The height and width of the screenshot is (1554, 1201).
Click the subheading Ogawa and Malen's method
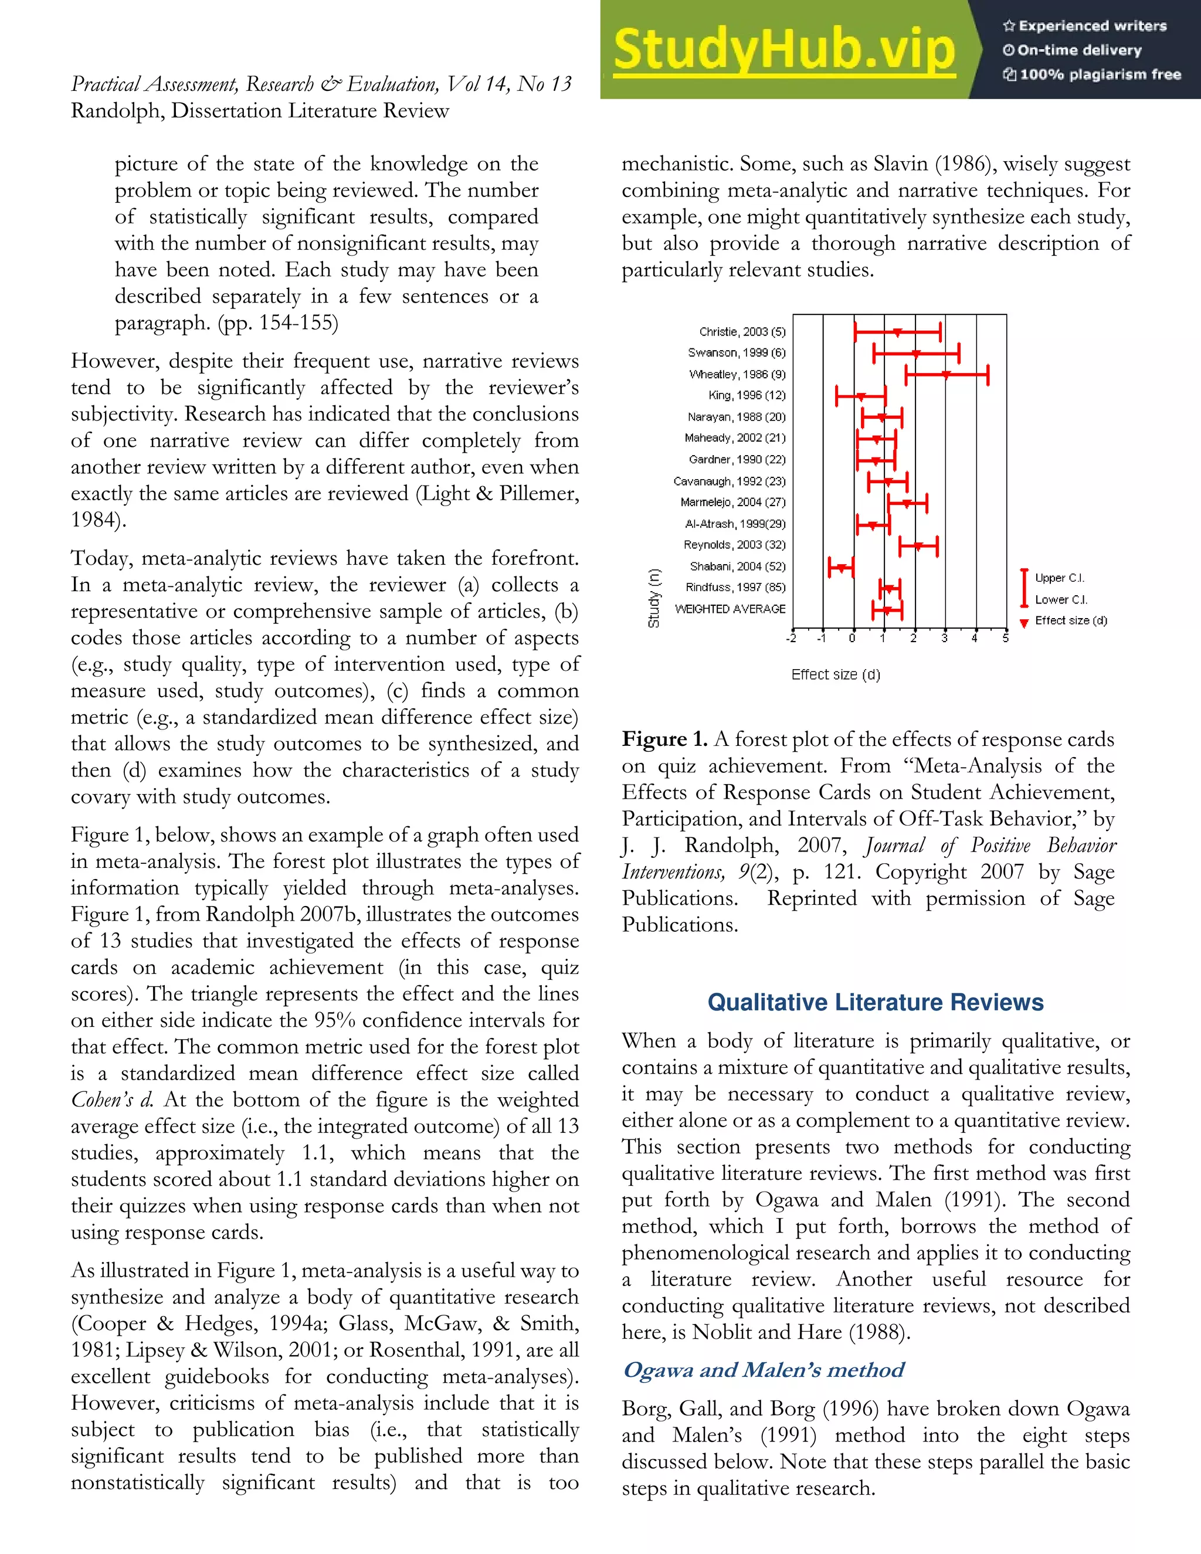pos(763,1369)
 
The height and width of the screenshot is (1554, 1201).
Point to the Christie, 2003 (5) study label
pos(742,331)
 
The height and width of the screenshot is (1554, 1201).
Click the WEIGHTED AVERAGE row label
pos(730,609)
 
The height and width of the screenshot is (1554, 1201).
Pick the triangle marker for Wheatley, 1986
pos(945,374)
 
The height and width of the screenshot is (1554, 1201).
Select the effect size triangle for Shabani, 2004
pos(842,567)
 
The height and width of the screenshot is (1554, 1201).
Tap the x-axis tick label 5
pos(1005,638)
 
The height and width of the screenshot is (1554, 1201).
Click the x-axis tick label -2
pos(791,638)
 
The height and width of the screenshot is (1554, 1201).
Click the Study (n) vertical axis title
pos(653,598)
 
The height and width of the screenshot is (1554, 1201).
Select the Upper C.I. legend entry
pos(1058,578)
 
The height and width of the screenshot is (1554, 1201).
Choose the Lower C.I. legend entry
pos(1060,600)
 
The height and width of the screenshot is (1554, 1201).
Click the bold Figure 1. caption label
pos(664,739)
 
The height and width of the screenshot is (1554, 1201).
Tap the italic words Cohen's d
pos(111,1100)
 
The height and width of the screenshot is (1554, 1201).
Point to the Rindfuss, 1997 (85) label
pos(735,588)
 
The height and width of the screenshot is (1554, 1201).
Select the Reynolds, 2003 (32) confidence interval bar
pos(918,547)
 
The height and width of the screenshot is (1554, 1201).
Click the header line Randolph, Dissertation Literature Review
pos(260,111)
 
